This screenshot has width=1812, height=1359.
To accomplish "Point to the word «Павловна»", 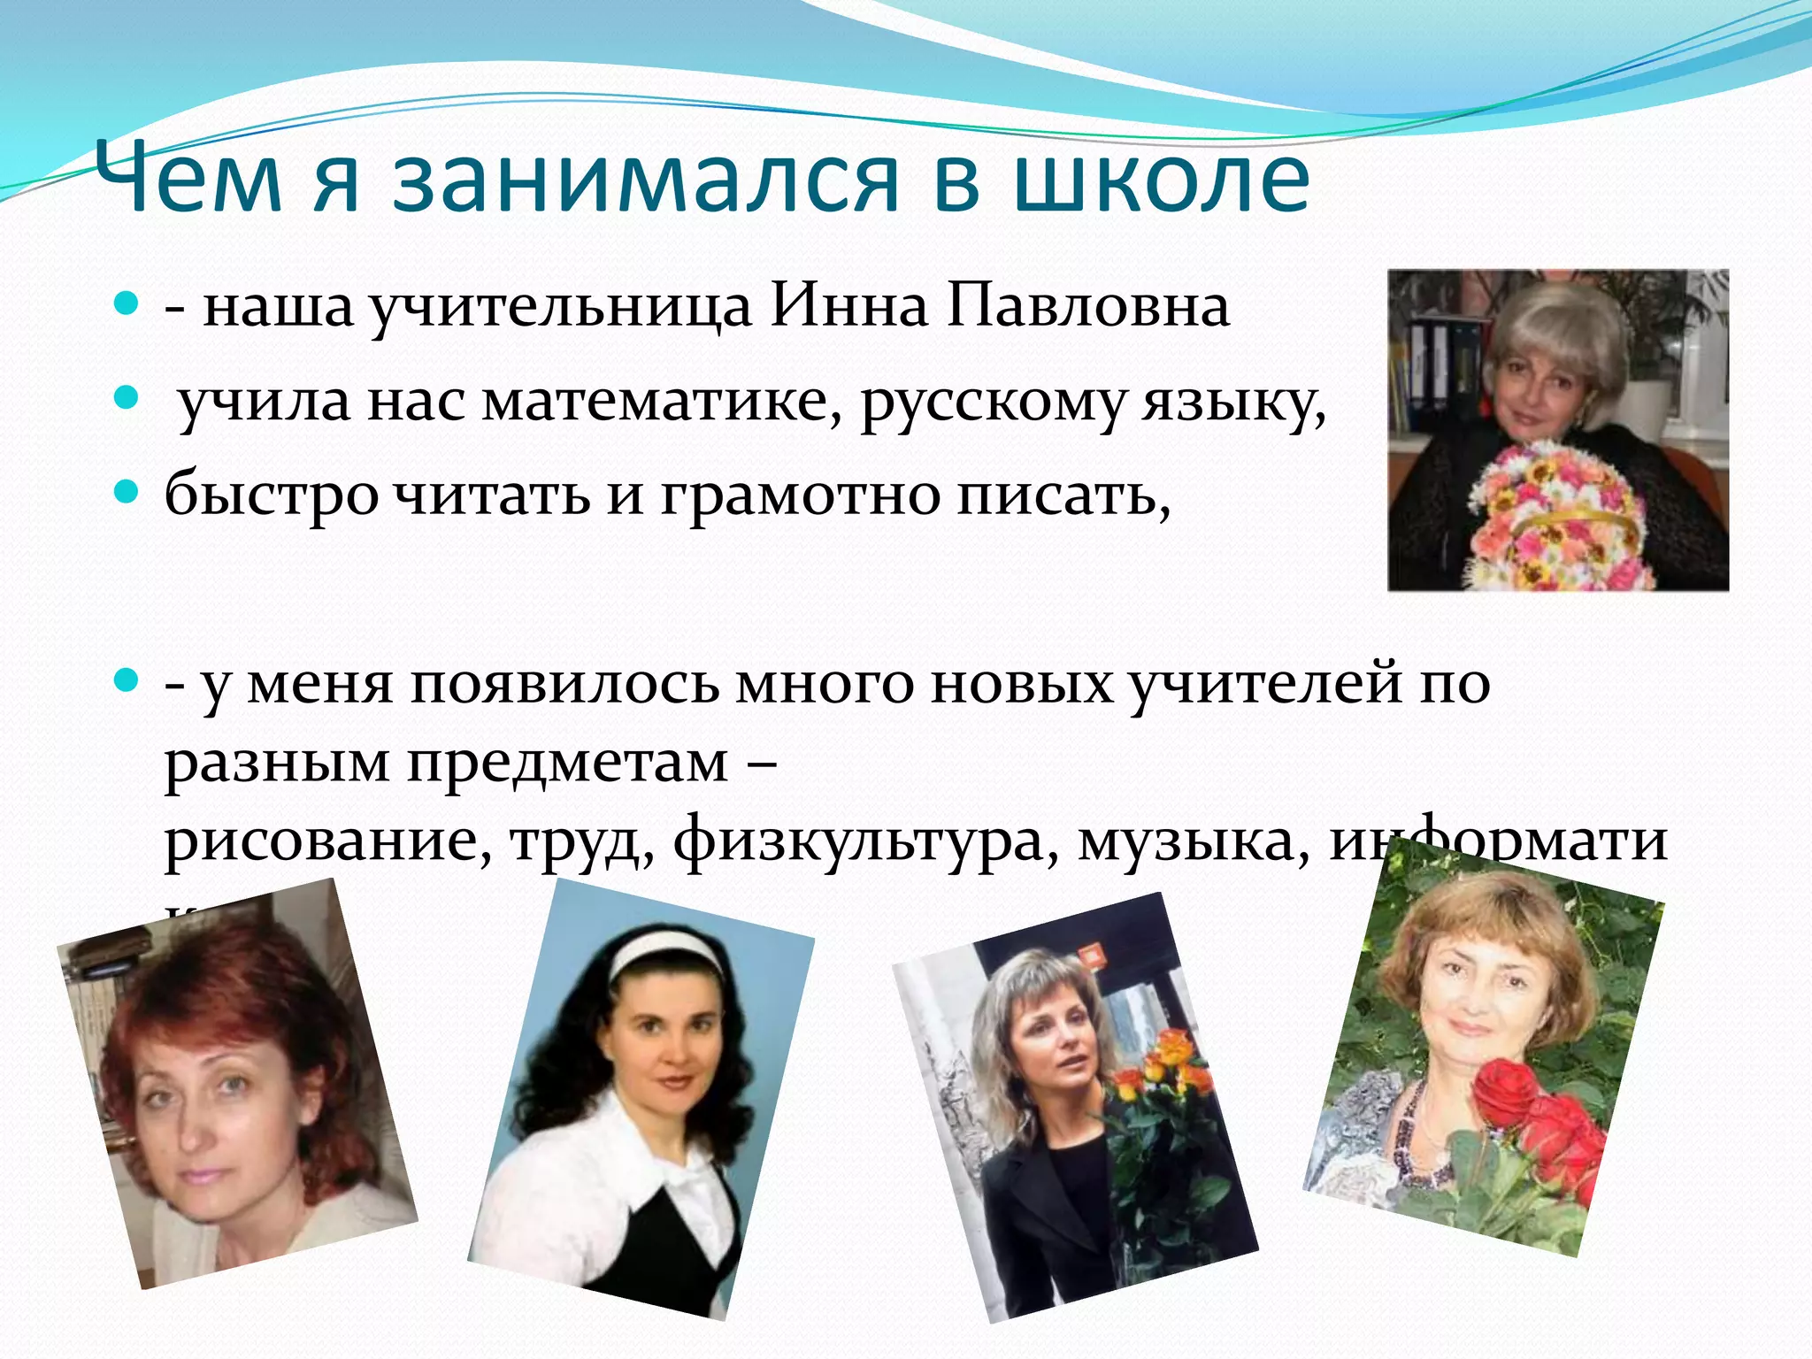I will coord(1088,307).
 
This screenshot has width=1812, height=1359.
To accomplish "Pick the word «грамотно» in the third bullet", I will coord(801,495).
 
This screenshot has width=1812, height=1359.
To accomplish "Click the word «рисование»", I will coord(327,841).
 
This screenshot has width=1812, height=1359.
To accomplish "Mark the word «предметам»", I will coord(567,763).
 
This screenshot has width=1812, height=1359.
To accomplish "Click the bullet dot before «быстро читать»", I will coord(127,492).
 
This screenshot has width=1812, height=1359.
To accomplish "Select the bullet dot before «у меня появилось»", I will coord(127,680).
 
